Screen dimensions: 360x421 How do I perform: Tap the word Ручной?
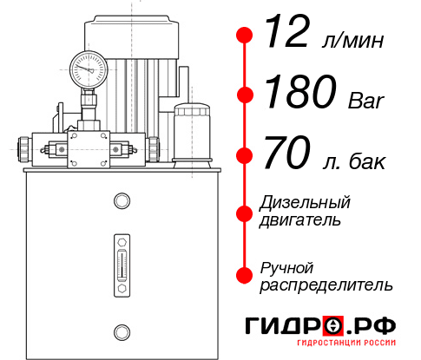pyautogui.click(x=286, y=266)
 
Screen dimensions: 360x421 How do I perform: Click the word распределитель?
pyautogui.click(x=326, y=285)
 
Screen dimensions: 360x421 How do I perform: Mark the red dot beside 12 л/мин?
pyautogui.click(x=245, y=36)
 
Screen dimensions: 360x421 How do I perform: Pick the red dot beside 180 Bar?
pyautogui.click(x=245, y=95)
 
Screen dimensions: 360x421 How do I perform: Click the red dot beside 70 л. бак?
pyautogui.click(x=245, y=155)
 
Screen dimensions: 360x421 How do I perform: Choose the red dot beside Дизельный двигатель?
pyautogui.click(x=245, y=212)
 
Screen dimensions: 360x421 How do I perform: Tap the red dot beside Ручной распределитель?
pyautogui.click(x=245, y=273)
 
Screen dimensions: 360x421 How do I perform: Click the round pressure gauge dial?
pyautogui.click(x=89, y=67)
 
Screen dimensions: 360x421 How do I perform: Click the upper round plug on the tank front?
pyautogui.click(x=122, y=202)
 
